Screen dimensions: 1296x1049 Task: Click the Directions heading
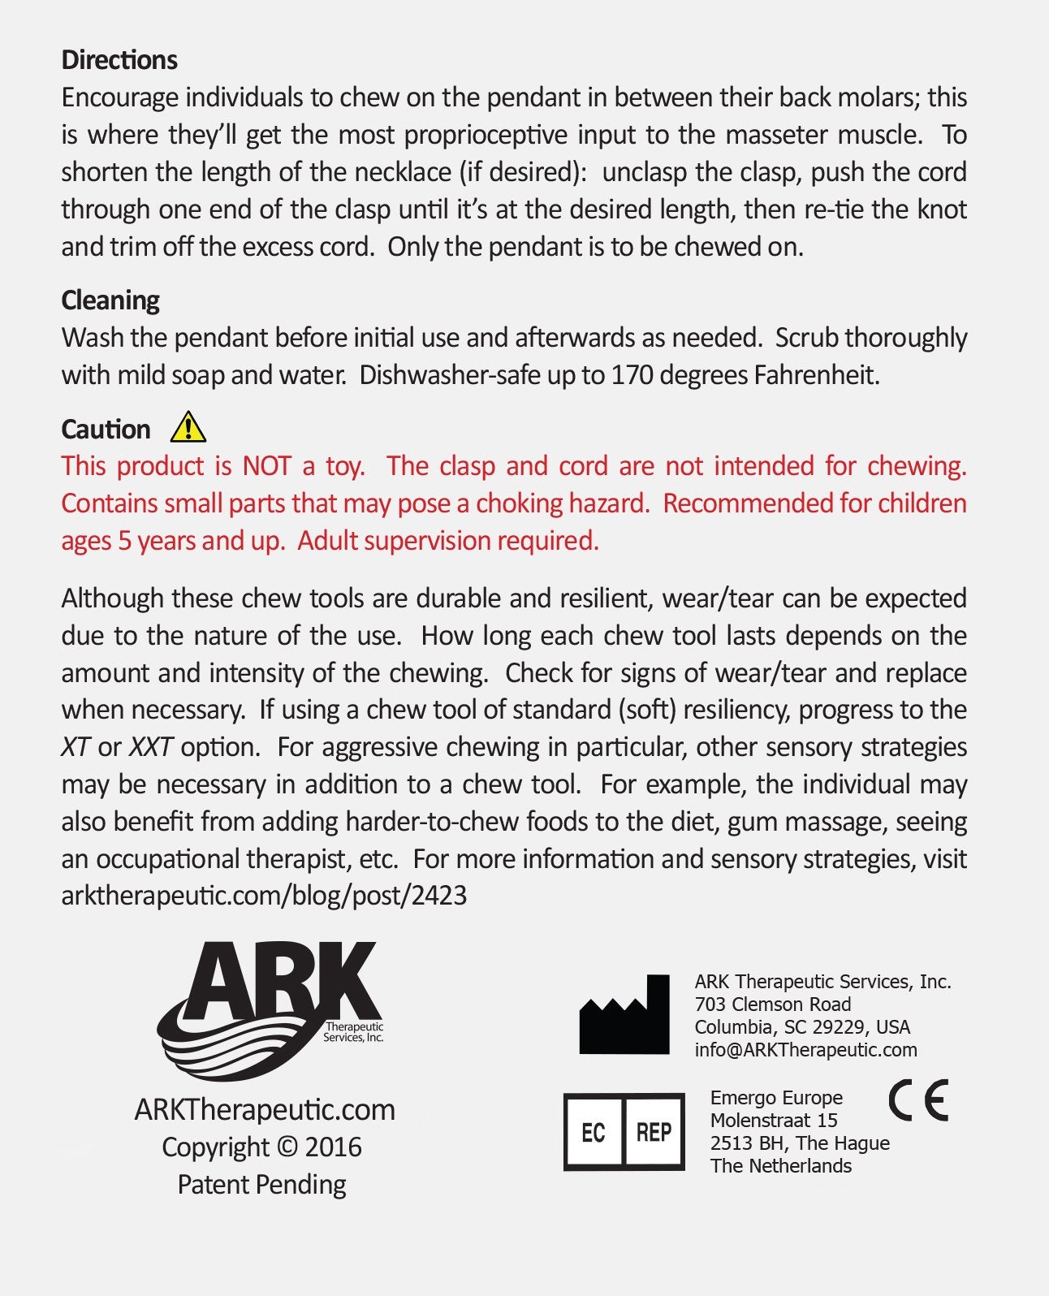point(119,60)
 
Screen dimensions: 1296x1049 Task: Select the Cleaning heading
point(110,300)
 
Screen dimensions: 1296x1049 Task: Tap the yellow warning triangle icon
point(188,426)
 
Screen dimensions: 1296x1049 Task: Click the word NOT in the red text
point(266,466)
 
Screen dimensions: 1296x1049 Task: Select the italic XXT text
point(150,747)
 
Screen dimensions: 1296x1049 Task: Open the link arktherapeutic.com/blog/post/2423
point(264,896)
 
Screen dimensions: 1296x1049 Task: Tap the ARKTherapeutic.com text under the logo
point(265,1110)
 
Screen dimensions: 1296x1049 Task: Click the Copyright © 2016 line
point(261,1147)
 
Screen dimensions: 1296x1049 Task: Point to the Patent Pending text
point(261,1185)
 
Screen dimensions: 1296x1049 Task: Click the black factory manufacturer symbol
point(624,1017)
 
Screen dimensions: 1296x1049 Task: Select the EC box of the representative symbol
point(594,1132)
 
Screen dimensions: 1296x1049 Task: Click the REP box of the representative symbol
point(654,1132)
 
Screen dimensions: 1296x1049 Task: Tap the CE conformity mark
point(918,1101)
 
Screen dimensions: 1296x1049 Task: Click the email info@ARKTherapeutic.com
point(805,1050)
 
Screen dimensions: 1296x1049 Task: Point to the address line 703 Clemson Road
point(772,1004)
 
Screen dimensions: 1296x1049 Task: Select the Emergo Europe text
point(776,1098)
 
